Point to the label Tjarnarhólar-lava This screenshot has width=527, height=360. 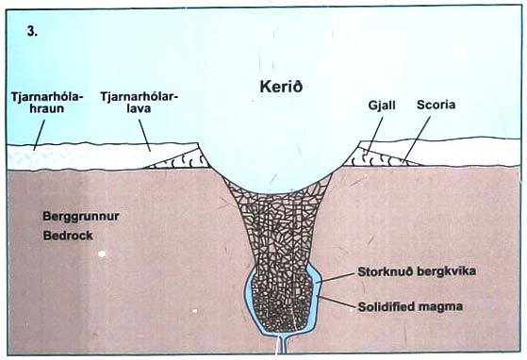coord(140,103)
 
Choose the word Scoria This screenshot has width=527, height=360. coord(436,106)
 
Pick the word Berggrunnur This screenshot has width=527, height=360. coord(67,214)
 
